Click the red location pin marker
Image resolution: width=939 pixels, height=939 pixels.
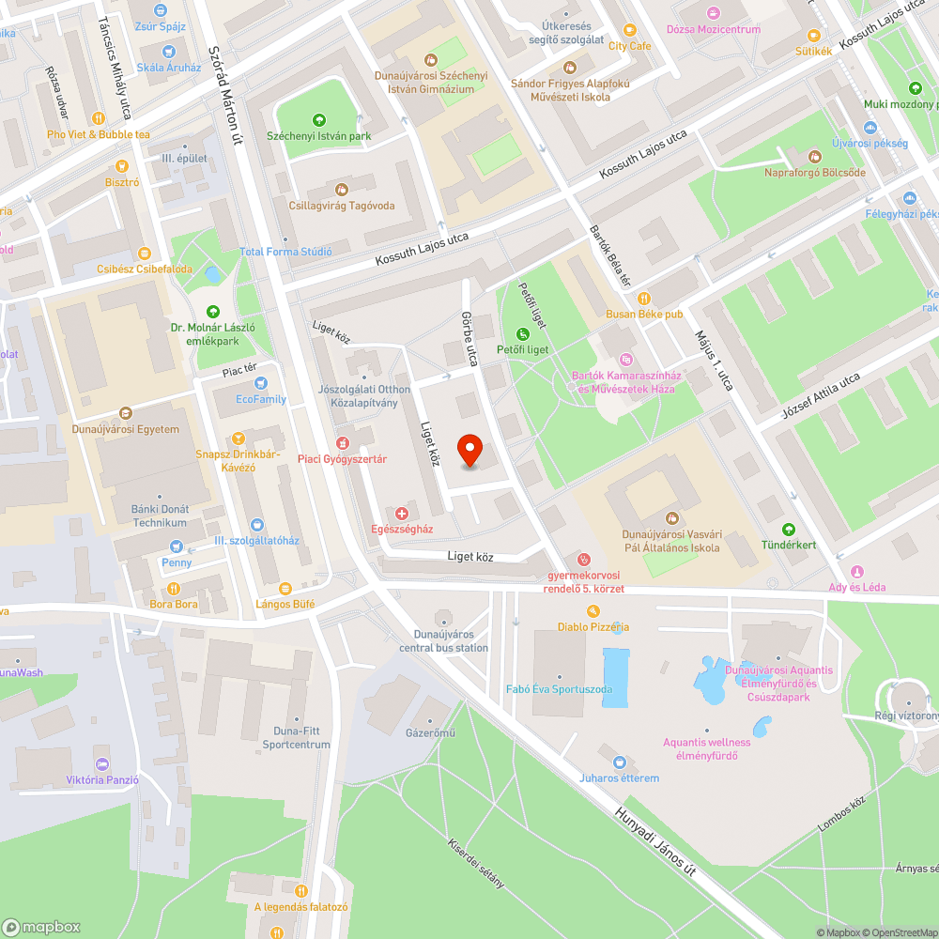pyautogui.click(x=470, y=450)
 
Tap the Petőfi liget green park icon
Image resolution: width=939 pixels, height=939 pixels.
pyautogui.click(x=523, y=334)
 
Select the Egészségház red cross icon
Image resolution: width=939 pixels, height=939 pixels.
pyautogui.click(x=402, y=513)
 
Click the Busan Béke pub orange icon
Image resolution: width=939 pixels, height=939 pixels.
pyautogui.click(x=644, y=298)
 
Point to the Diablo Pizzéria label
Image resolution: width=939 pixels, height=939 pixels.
pyautogui.click(x=593, y=626)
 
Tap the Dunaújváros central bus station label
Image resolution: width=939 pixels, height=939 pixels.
pyautogui.click(x=444, y=641)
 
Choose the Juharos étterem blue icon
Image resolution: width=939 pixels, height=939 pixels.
pyautogui.click(x=618, y=762)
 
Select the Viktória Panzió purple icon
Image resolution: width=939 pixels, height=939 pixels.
pyautogui.click(x=102, y=763)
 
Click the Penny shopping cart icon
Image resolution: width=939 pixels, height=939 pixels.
pyautogui.click(x=176, y=546)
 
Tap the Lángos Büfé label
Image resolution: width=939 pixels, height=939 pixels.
pyautogui.click(x=285, y=604)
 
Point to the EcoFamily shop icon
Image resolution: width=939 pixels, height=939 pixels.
pyautogui.click(x=260, y=383)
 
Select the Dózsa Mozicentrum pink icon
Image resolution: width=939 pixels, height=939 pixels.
pyautogui.click(x=713, y=13)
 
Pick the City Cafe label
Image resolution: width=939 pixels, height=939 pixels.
pyautogui.click(x=629, y=45)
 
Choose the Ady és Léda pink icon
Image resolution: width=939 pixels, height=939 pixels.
pyautogui.click(x=856, y=571)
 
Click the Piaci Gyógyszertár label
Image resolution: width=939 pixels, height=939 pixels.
pyautogui.click(x=342, y=459)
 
